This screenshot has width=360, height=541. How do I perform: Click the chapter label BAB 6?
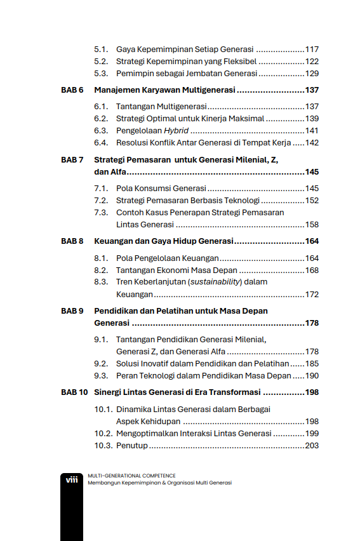point(72,90)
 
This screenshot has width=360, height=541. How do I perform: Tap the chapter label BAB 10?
point(74,392)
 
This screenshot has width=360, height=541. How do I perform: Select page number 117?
point(312,50)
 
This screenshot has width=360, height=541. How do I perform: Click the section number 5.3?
point(101,74)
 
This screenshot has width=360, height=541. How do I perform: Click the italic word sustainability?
point(215,282)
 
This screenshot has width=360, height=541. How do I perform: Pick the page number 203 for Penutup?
point(312,446)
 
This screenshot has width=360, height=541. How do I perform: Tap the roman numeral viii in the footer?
point(72,480)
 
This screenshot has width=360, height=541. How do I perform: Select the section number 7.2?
point(101,201)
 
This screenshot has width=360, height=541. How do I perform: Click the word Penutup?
point(132,446)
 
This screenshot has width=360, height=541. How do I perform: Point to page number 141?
point(312,131)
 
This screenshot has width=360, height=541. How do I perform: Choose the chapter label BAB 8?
point(72,241)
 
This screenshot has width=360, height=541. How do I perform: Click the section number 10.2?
point(103,434)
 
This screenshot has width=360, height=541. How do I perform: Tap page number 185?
point(312,364)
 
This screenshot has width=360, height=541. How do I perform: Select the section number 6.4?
point(101,143)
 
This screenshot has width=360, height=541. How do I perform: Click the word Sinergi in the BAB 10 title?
point(109,392)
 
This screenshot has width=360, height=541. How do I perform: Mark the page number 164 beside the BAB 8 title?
point(312,241)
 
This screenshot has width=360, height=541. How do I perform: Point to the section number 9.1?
point(101,340)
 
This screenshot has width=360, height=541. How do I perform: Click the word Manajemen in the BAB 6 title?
point(117,90)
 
